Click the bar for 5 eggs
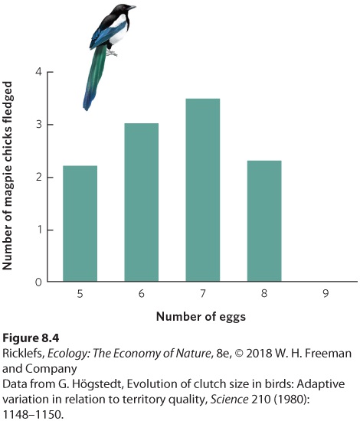click(80, 224)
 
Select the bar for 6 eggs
click(141, 202)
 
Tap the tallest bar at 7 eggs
click(203, 190)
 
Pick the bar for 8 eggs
click(264, 221)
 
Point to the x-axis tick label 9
click(326, 293)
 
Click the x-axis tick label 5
click(80, 294)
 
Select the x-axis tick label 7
click(203, 293)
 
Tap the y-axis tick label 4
click(39, 72)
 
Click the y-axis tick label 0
click(39, 282)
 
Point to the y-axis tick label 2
click(39, 178)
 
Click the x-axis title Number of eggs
click(201, 317)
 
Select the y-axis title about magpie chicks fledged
click(7, 175)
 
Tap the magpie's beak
click(132, 8)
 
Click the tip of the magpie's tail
click(86, 109)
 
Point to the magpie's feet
click(111, 53)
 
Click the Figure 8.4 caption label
click(31, 338)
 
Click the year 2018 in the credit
click(259, 353)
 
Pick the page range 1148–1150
click(33, 415)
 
